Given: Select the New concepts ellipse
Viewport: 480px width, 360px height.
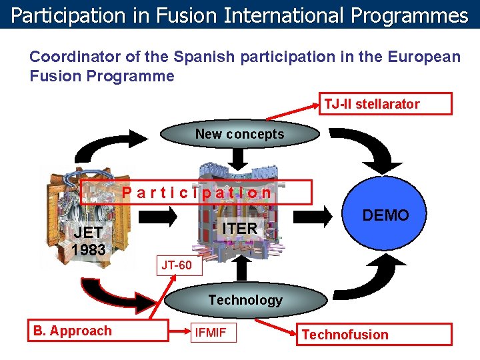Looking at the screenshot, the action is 239,134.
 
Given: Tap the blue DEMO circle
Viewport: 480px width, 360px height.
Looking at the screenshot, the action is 385,215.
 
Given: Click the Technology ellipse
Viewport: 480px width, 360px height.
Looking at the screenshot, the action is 245,300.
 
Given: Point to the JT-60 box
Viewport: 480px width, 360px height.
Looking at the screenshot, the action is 177,265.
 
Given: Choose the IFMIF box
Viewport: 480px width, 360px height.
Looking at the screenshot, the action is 212,332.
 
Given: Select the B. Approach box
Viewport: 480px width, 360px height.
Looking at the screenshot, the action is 100,331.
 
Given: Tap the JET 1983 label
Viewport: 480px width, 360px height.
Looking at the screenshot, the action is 89,241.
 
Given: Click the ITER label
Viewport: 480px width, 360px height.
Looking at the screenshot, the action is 239,228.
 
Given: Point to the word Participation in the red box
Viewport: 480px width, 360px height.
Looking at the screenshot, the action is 197,193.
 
